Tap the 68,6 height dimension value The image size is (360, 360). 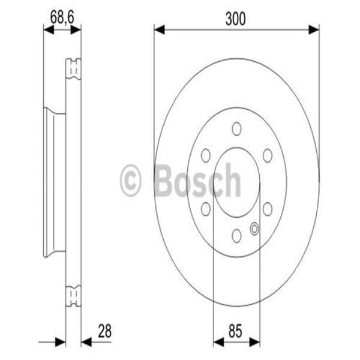pos(61,19)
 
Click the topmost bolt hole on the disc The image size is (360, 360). pos(236,128)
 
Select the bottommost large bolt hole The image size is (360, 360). pos(236,235)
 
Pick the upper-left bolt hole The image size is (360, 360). pos(206,155)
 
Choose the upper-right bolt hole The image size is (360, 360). pos(268,155)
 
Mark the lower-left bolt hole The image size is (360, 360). pos(206,208)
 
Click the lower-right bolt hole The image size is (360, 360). pos(268,208)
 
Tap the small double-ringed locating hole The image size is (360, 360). pos(254,228)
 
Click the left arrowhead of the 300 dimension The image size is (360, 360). pos(159,28)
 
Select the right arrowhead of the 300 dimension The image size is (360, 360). pos(314,28)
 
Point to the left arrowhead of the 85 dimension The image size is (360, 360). pos(218,341)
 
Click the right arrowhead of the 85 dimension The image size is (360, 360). pos(254,341)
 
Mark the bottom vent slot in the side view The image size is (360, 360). pos(73,296)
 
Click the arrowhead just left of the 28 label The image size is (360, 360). pos(86,341)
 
